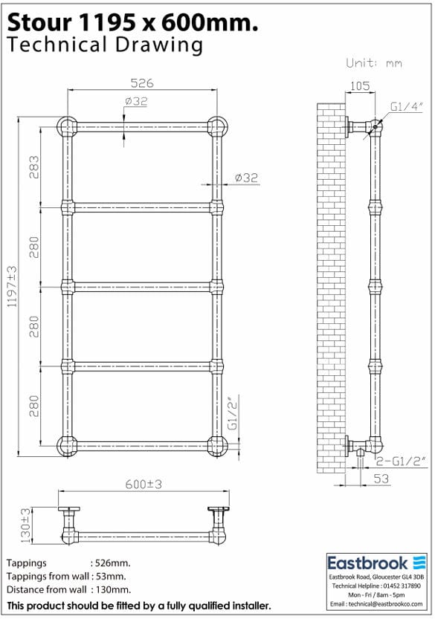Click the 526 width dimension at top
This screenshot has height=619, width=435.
pyautogui.click(x=141, y=83)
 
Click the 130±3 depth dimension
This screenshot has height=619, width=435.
pyautogui.click(x=26, y=523)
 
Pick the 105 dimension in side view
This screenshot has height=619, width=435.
pyautogui.click(x=359, y=86)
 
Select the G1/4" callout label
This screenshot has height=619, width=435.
pyautogui.click(x=407, y=107)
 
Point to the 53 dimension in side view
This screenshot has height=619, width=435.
pyautogui.click(x=380, y=479)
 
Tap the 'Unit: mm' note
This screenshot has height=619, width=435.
pyautogui.click(x=374, y=63)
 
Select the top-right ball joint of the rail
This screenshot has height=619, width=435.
pyautogui.click(x=217, y=125)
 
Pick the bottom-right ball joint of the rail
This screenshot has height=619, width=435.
pyautogui.click(x=217, y=446)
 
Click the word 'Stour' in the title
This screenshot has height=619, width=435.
pyautogui.click(x=33, y=23)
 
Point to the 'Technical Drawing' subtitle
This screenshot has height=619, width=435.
pyautogui.click(x=104, y=45)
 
